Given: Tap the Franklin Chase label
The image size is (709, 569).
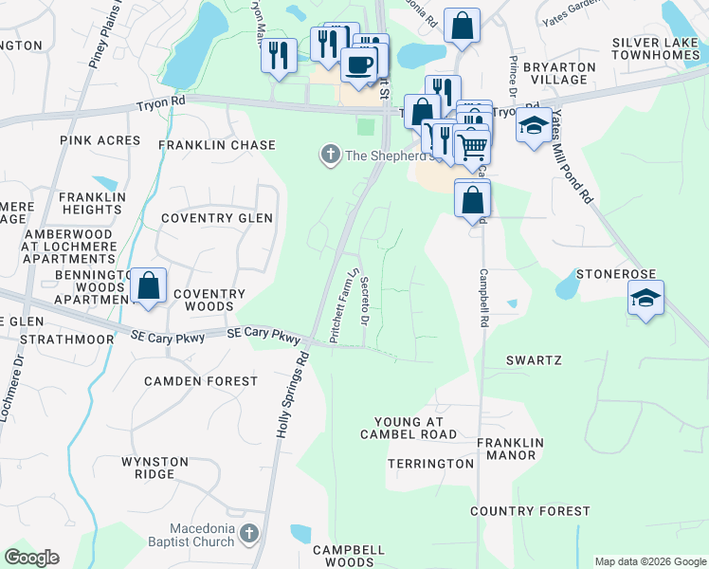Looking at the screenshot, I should coord(217,145).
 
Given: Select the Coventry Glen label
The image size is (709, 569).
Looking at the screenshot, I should coord(217,218).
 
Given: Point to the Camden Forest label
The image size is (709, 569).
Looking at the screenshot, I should coord(201,381).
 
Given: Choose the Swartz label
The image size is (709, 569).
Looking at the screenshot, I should coord(535,361).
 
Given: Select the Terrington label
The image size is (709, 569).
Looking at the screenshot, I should coord(430,464).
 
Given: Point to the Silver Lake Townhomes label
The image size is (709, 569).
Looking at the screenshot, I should coord(654,49).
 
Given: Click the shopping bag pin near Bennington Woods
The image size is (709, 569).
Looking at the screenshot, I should coord(149,284).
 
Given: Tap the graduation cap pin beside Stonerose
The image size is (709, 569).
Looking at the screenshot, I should coord(645,298).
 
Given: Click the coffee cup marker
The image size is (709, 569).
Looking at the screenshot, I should coord(358,65).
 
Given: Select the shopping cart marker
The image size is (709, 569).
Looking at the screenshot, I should coord(472,146).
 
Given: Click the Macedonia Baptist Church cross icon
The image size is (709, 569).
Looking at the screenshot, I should coord(249,534).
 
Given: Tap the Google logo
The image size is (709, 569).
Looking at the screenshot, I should coord(31,558).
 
